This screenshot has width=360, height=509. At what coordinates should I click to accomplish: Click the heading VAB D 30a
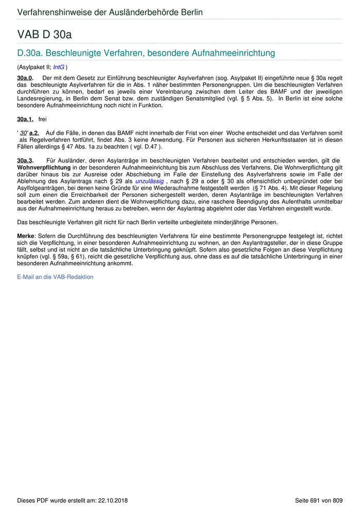pyautogui.click(x=44, y=34)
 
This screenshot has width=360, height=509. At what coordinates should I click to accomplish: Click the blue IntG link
pyautogui.click(x=59, y=67)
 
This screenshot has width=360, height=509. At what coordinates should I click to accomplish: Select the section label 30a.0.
pyautogui.click(x=25, y=77)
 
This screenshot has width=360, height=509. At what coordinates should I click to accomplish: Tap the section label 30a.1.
pyautogui.click(x=25, y=119)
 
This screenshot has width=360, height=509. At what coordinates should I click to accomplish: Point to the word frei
pyautogui.click(x=42, y=119)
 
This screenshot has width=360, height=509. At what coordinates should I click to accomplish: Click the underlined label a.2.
pyautogui.click(x=34, y=133)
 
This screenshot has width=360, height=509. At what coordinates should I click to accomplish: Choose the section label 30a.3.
pyautogui.click(x=25, y=161)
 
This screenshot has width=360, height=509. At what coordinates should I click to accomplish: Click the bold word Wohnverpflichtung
pyautogui.click(x=44, y=168)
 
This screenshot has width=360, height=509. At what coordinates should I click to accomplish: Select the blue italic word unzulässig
pyautogui.click(x=150, y=181)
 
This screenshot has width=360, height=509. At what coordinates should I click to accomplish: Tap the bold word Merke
pyautogui.click(x=26, y=236)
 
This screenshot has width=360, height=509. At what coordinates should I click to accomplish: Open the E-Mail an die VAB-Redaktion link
pyautogui.click(x=56, y=277)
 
